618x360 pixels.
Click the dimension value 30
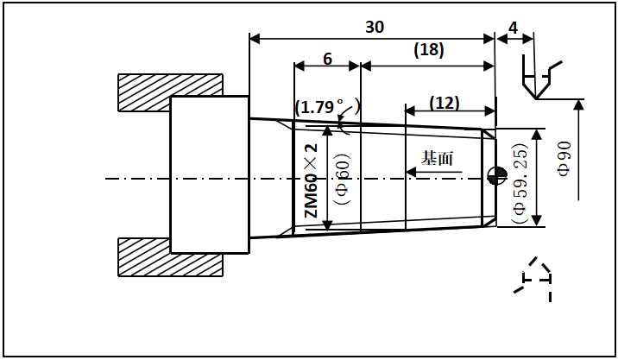[374, 27]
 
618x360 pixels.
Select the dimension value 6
[327, 59]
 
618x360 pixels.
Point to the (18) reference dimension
[428, 50]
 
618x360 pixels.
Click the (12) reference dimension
[444, 103]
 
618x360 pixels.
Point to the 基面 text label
[437, 158]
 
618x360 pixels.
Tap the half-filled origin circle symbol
[495, 175]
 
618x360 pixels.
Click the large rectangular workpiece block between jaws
[210, 174]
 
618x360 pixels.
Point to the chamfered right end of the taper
[489, 178]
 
